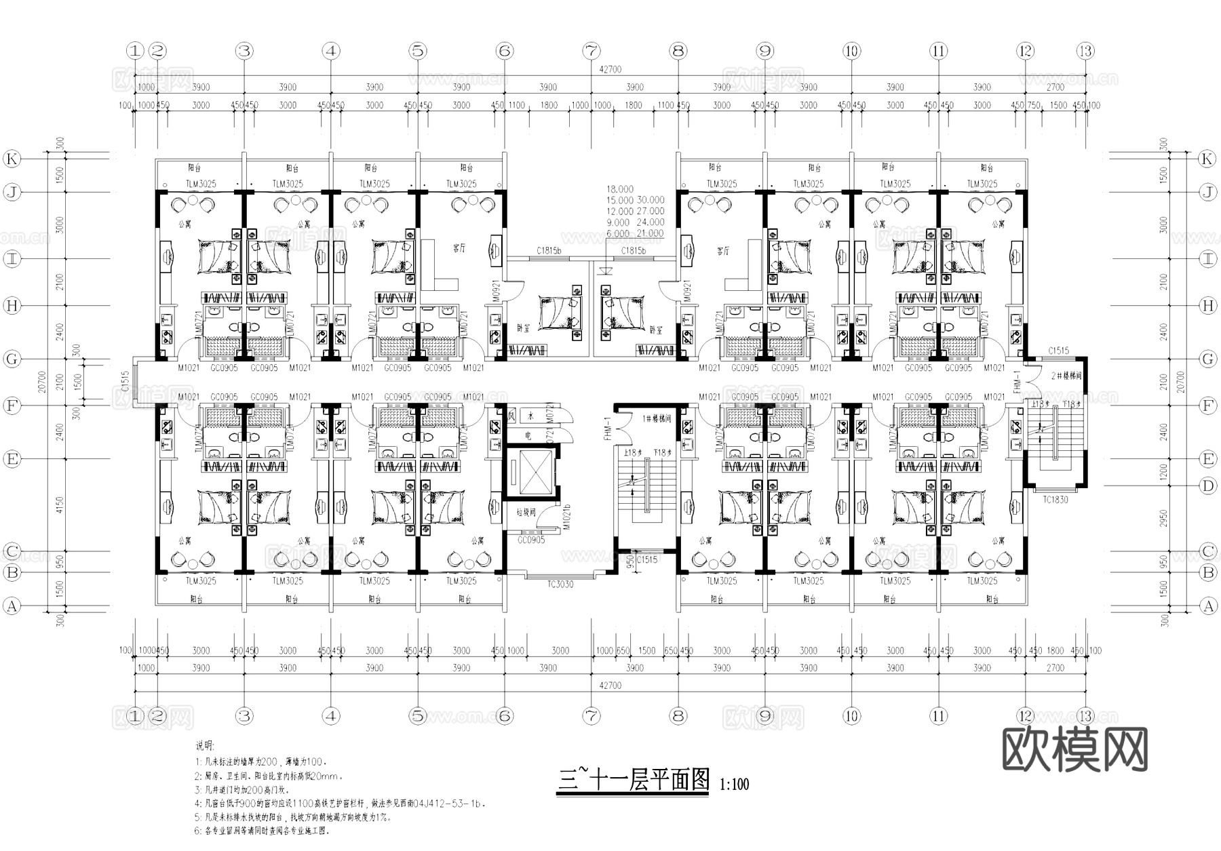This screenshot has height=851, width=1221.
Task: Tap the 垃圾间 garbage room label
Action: [526, 513]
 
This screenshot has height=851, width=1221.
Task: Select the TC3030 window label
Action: [560, 584]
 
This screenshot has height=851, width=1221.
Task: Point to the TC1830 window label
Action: [1055, 500]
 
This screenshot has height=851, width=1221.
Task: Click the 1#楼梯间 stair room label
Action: [656, 419]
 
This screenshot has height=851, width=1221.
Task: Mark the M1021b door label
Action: [567, 517]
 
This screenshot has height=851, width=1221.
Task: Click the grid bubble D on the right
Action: [1208, 486]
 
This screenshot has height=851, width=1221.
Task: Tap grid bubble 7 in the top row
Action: [592, 51]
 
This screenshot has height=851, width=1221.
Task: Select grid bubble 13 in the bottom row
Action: [1085, 715]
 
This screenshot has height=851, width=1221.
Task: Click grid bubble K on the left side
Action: [12, 159]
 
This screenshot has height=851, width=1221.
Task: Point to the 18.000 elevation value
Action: [620, 189]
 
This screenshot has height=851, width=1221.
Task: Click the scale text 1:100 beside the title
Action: [734, 785]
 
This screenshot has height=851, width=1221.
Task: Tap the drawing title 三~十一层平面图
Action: [633, 780]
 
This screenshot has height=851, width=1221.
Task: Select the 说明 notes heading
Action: [203, 745]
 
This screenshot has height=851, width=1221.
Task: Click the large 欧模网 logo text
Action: [1074, 750]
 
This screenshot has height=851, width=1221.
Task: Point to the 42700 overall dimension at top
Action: [610, 69]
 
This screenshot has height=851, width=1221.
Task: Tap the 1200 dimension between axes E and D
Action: [1164, 472]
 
